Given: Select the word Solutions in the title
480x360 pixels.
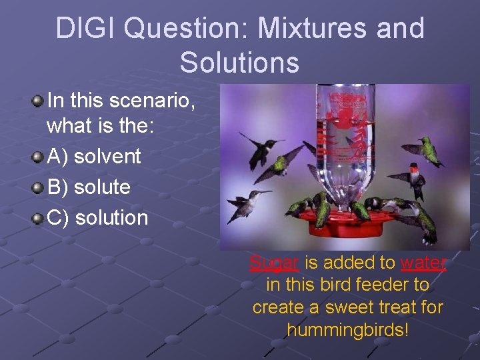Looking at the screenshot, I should (239, 62).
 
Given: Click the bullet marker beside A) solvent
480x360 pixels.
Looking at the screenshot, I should (39, 157).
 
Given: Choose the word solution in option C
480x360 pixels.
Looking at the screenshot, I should (111, 217).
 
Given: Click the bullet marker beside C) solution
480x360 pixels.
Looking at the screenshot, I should (39, 218).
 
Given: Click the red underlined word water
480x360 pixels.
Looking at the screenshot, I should (423, 263).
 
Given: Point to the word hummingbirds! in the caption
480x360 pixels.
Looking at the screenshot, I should (347, 329).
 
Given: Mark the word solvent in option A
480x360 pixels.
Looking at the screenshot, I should (107, 157).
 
